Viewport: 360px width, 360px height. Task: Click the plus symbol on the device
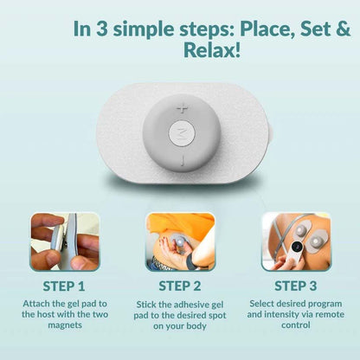tap(182, 108)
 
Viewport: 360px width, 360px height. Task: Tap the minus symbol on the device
tap(182, 161)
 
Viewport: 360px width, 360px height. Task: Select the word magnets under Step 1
tap(64, 325)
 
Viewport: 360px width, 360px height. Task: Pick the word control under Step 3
tap(296, 325)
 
